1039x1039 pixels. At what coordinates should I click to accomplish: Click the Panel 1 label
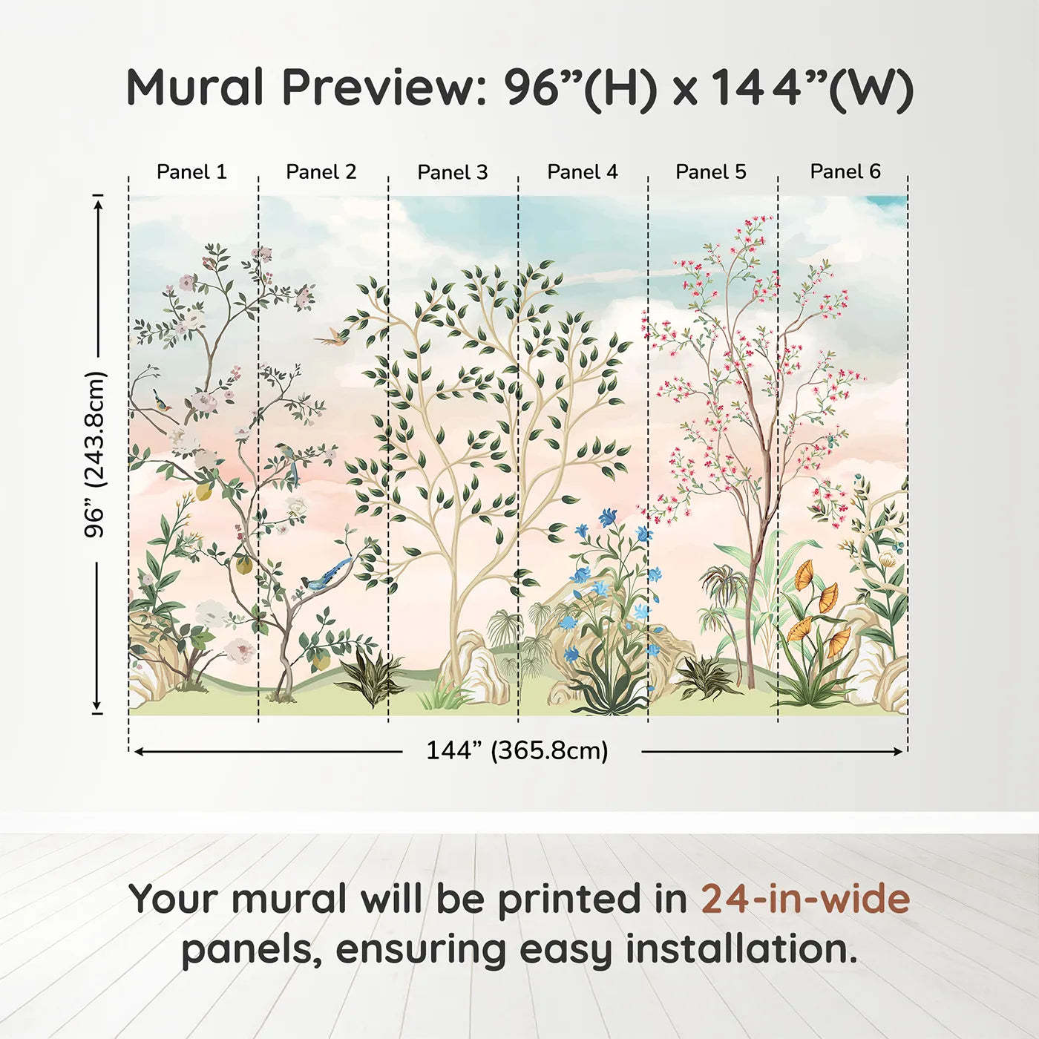point(191,172)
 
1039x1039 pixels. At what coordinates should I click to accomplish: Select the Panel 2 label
point(321,172)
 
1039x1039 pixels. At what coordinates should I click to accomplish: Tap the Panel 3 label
point(453,172)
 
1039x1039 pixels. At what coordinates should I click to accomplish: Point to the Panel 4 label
point(583,172)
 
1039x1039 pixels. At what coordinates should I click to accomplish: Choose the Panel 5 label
point(711,172)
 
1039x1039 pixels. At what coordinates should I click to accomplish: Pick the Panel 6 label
point(845,171)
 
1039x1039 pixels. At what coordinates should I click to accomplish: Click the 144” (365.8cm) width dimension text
point(517,750)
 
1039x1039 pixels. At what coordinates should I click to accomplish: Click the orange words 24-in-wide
point(805,899)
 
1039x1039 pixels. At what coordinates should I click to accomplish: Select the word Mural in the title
point(195,88)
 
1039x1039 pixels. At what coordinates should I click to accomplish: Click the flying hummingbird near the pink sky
point(330,335)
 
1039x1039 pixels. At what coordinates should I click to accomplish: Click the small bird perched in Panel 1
point(162,401)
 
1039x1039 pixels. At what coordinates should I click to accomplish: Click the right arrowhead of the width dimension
point(898,751)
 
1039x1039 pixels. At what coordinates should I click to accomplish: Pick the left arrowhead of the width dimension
point(138,751)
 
